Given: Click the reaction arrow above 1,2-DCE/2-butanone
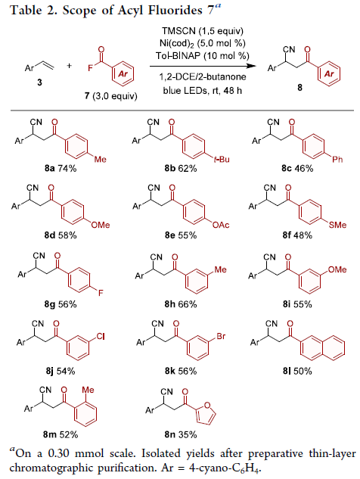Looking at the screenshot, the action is pos(203,66).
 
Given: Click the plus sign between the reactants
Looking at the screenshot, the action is pos(70,65).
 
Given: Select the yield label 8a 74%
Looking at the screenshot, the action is pos(61,168).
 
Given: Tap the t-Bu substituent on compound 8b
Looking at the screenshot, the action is pos(222,159).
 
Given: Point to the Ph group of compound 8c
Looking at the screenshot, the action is pos(337,159).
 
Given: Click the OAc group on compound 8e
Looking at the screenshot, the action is pos(221,226).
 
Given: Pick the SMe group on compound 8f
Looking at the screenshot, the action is pos(337,226).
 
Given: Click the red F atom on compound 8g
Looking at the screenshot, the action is pos(101,293).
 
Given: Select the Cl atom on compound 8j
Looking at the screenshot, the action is pos(101,336).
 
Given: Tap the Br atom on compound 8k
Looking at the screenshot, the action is pos(221,336).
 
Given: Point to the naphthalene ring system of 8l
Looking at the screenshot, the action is pos(322,347).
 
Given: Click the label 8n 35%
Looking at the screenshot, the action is pos(181,434).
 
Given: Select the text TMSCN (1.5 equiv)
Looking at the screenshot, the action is pos(203,31).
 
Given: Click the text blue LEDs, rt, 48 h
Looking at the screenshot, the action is pos(203,91).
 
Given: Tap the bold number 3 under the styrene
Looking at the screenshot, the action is pos(39,82).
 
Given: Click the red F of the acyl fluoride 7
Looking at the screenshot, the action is pos(91,68).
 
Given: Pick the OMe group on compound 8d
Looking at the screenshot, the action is pos(101,226).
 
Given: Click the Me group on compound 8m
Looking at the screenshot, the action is pos(88,390).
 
